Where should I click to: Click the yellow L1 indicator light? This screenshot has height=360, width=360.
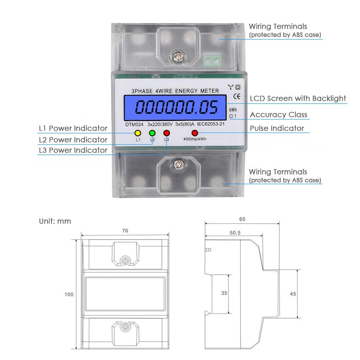(x=138, y=133)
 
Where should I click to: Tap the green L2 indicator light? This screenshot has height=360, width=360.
(x=152, y=133)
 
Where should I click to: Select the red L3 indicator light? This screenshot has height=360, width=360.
(x=166, y=133)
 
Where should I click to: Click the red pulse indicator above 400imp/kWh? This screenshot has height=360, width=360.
(x=195, y=133)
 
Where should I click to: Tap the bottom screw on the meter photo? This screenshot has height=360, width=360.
(x=176, y=165)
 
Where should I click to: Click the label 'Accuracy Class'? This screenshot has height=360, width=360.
(x=279, y=115)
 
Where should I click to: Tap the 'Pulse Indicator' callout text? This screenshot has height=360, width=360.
(x=277, y=129)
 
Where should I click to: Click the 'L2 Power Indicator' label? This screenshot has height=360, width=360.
(x=73, y=140)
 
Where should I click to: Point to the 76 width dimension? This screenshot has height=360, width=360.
(x=125, y=231)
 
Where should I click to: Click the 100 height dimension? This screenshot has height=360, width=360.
(x=69, y=294)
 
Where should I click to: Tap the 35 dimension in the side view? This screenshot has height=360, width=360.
(x=224, y=293)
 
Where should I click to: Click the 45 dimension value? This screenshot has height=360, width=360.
(x=293, y=294)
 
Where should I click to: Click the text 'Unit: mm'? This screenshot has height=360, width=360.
(x=55, y=221)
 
